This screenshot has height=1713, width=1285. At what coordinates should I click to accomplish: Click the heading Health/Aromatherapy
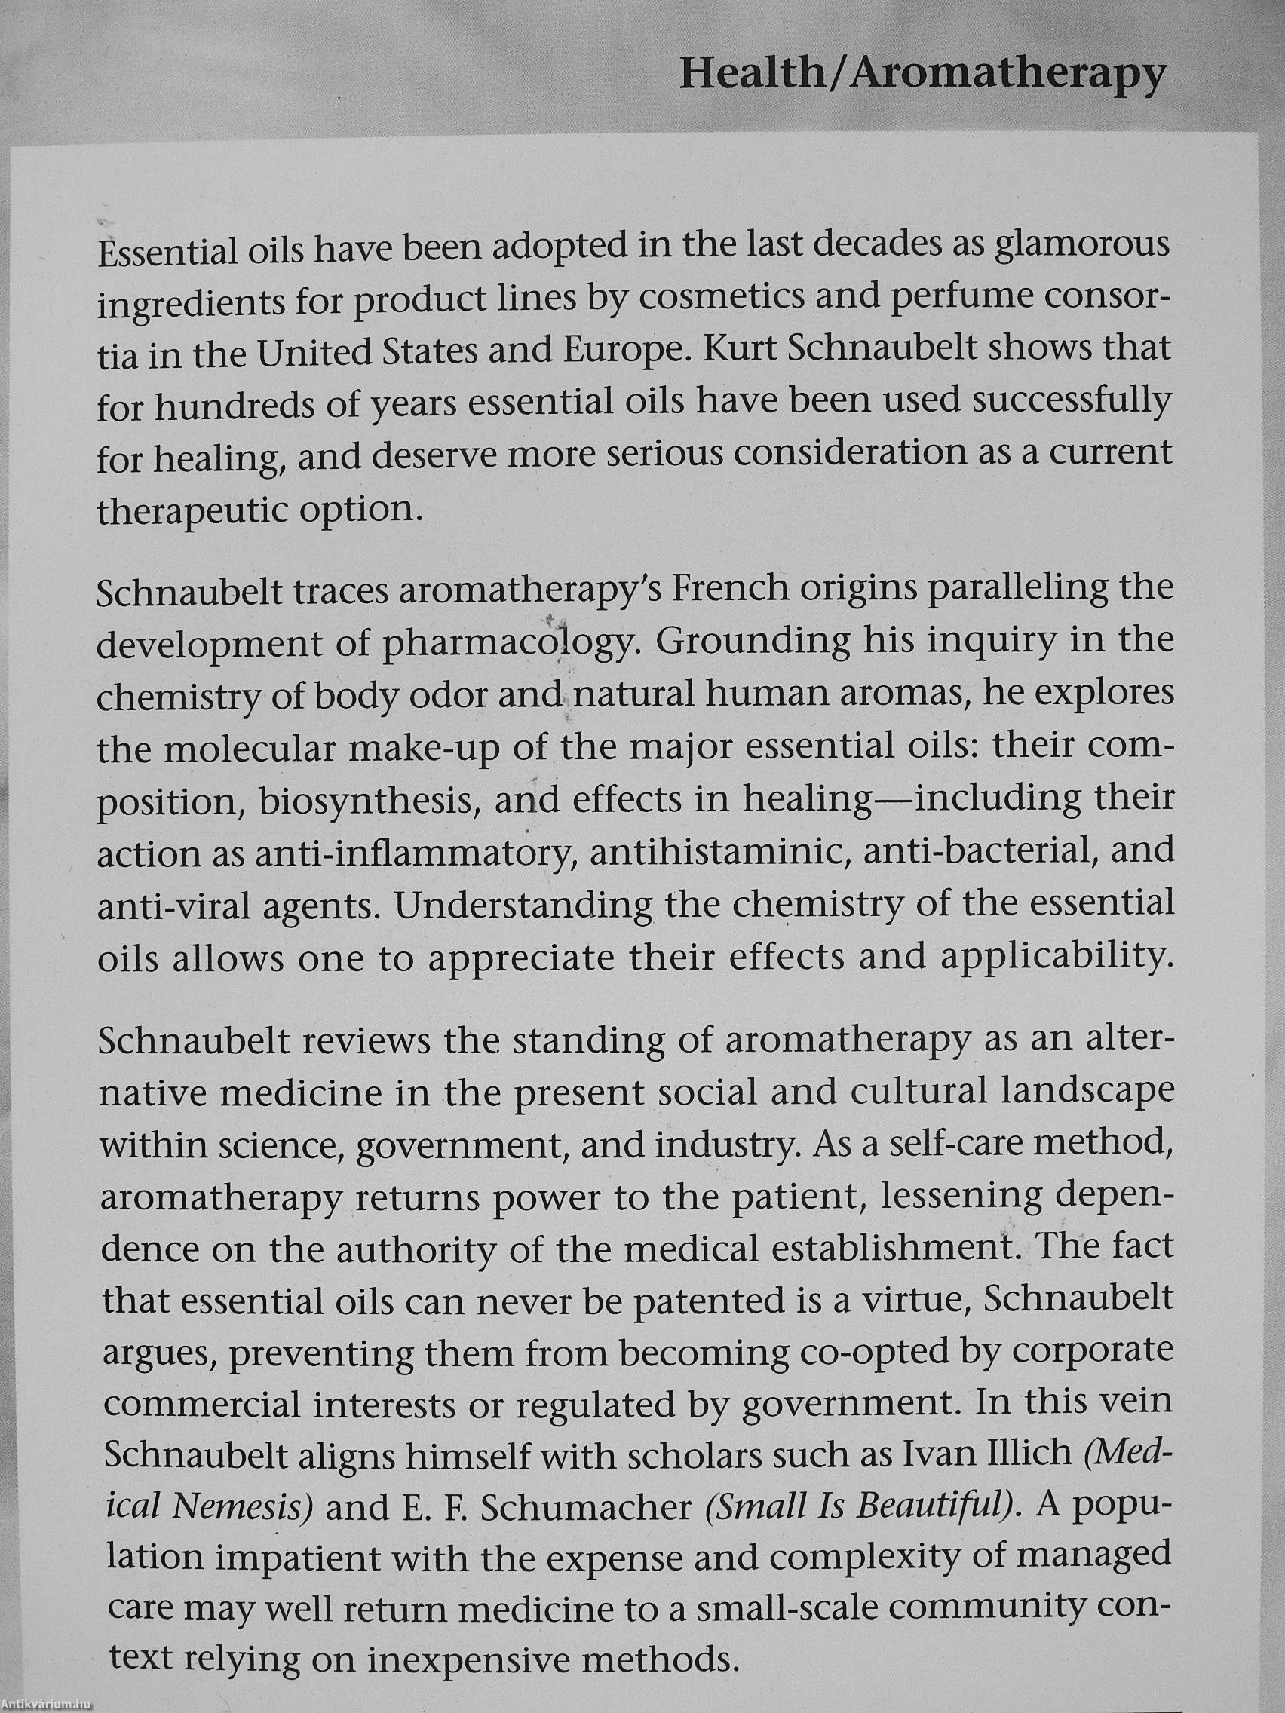tap(922, 76)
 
